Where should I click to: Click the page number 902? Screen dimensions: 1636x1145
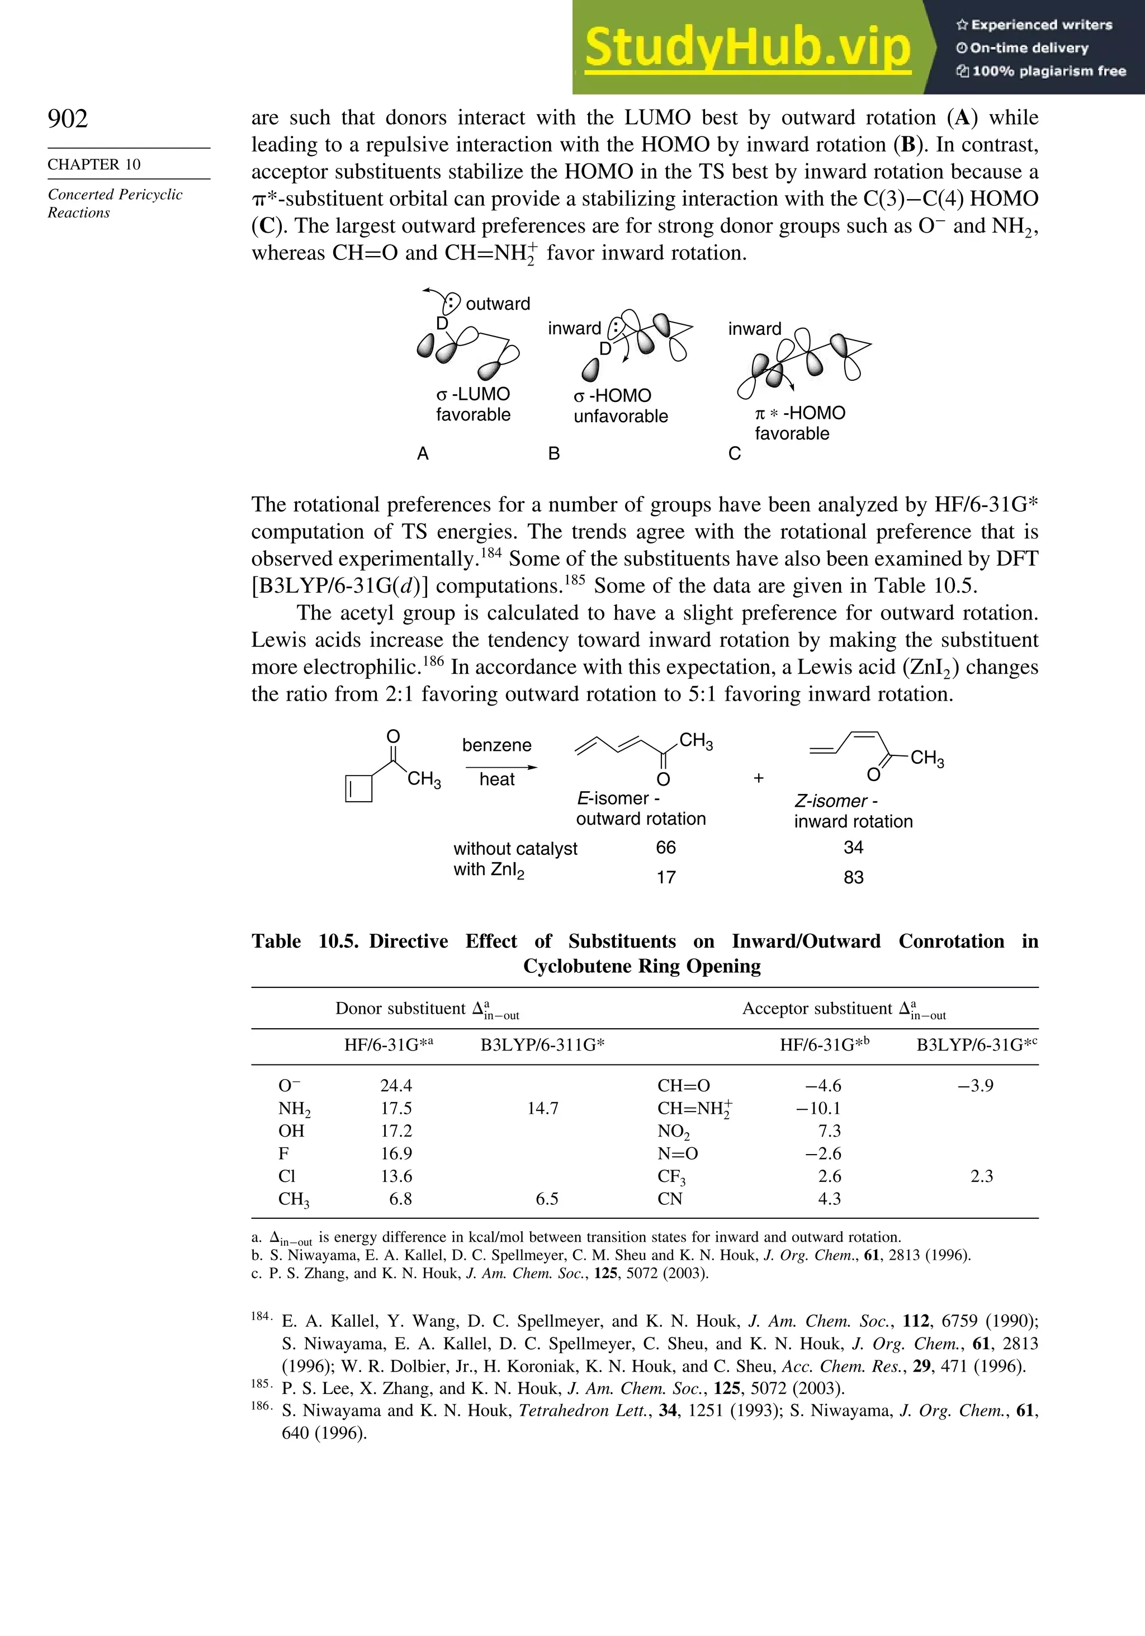tap(68, 119)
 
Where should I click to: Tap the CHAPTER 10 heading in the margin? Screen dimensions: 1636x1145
tap(94, 164)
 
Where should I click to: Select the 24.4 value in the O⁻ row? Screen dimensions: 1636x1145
tap(396, 1085)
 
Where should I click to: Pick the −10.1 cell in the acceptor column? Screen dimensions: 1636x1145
tap(818, 1108)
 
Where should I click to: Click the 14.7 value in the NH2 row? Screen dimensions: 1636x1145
tap(542, 1108)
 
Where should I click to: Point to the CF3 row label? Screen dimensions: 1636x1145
tap(671, 1176)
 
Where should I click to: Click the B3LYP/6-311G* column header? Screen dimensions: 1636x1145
tap(542, 1044)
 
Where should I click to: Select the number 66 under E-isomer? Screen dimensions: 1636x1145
tap(665, 847)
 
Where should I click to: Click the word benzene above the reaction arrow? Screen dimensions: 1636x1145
tap(496, 745)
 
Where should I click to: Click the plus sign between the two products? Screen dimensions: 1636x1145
tap(758, 778)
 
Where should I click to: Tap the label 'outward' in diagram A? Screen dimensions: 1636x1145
tap(498, 304)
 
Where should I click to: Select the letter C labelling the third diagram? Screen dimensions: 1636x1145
tap(735, 454)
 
